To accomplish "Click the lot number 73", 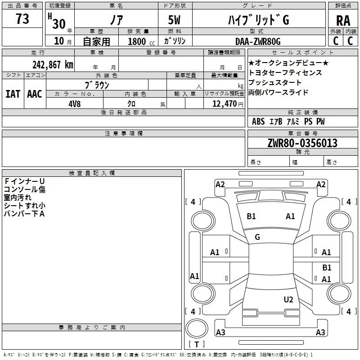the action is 22,19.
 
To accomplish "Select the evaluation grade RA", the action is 343,21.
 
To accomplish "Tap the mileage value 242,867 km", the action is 53,65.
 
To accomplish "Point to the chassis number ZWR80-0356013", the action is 302,143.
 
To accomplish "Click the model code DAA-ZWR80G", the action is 258,41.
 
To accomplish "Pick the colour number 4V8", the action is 74,104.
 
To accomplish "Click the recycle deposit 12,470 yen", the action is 228,104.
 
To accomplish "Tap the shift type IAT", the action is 13,94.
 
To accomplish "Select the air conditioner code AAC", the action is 35,94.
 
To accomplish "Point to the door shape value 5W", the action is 174,20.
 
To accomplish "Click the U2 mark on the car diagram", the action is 288,300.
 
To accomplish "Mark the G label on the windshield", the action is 257,237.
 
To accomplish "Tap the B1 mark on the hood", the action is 251,216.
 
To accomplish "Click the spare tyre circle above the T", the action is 197,328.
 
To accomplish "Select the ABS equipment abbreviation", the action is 258,121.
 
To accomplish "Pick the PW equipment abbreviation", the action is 320,121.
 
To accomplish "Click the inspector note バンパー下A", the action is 24,214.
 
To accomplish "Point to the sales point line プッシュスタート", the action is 275,82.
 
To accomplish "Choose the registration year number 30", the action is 59,24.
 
